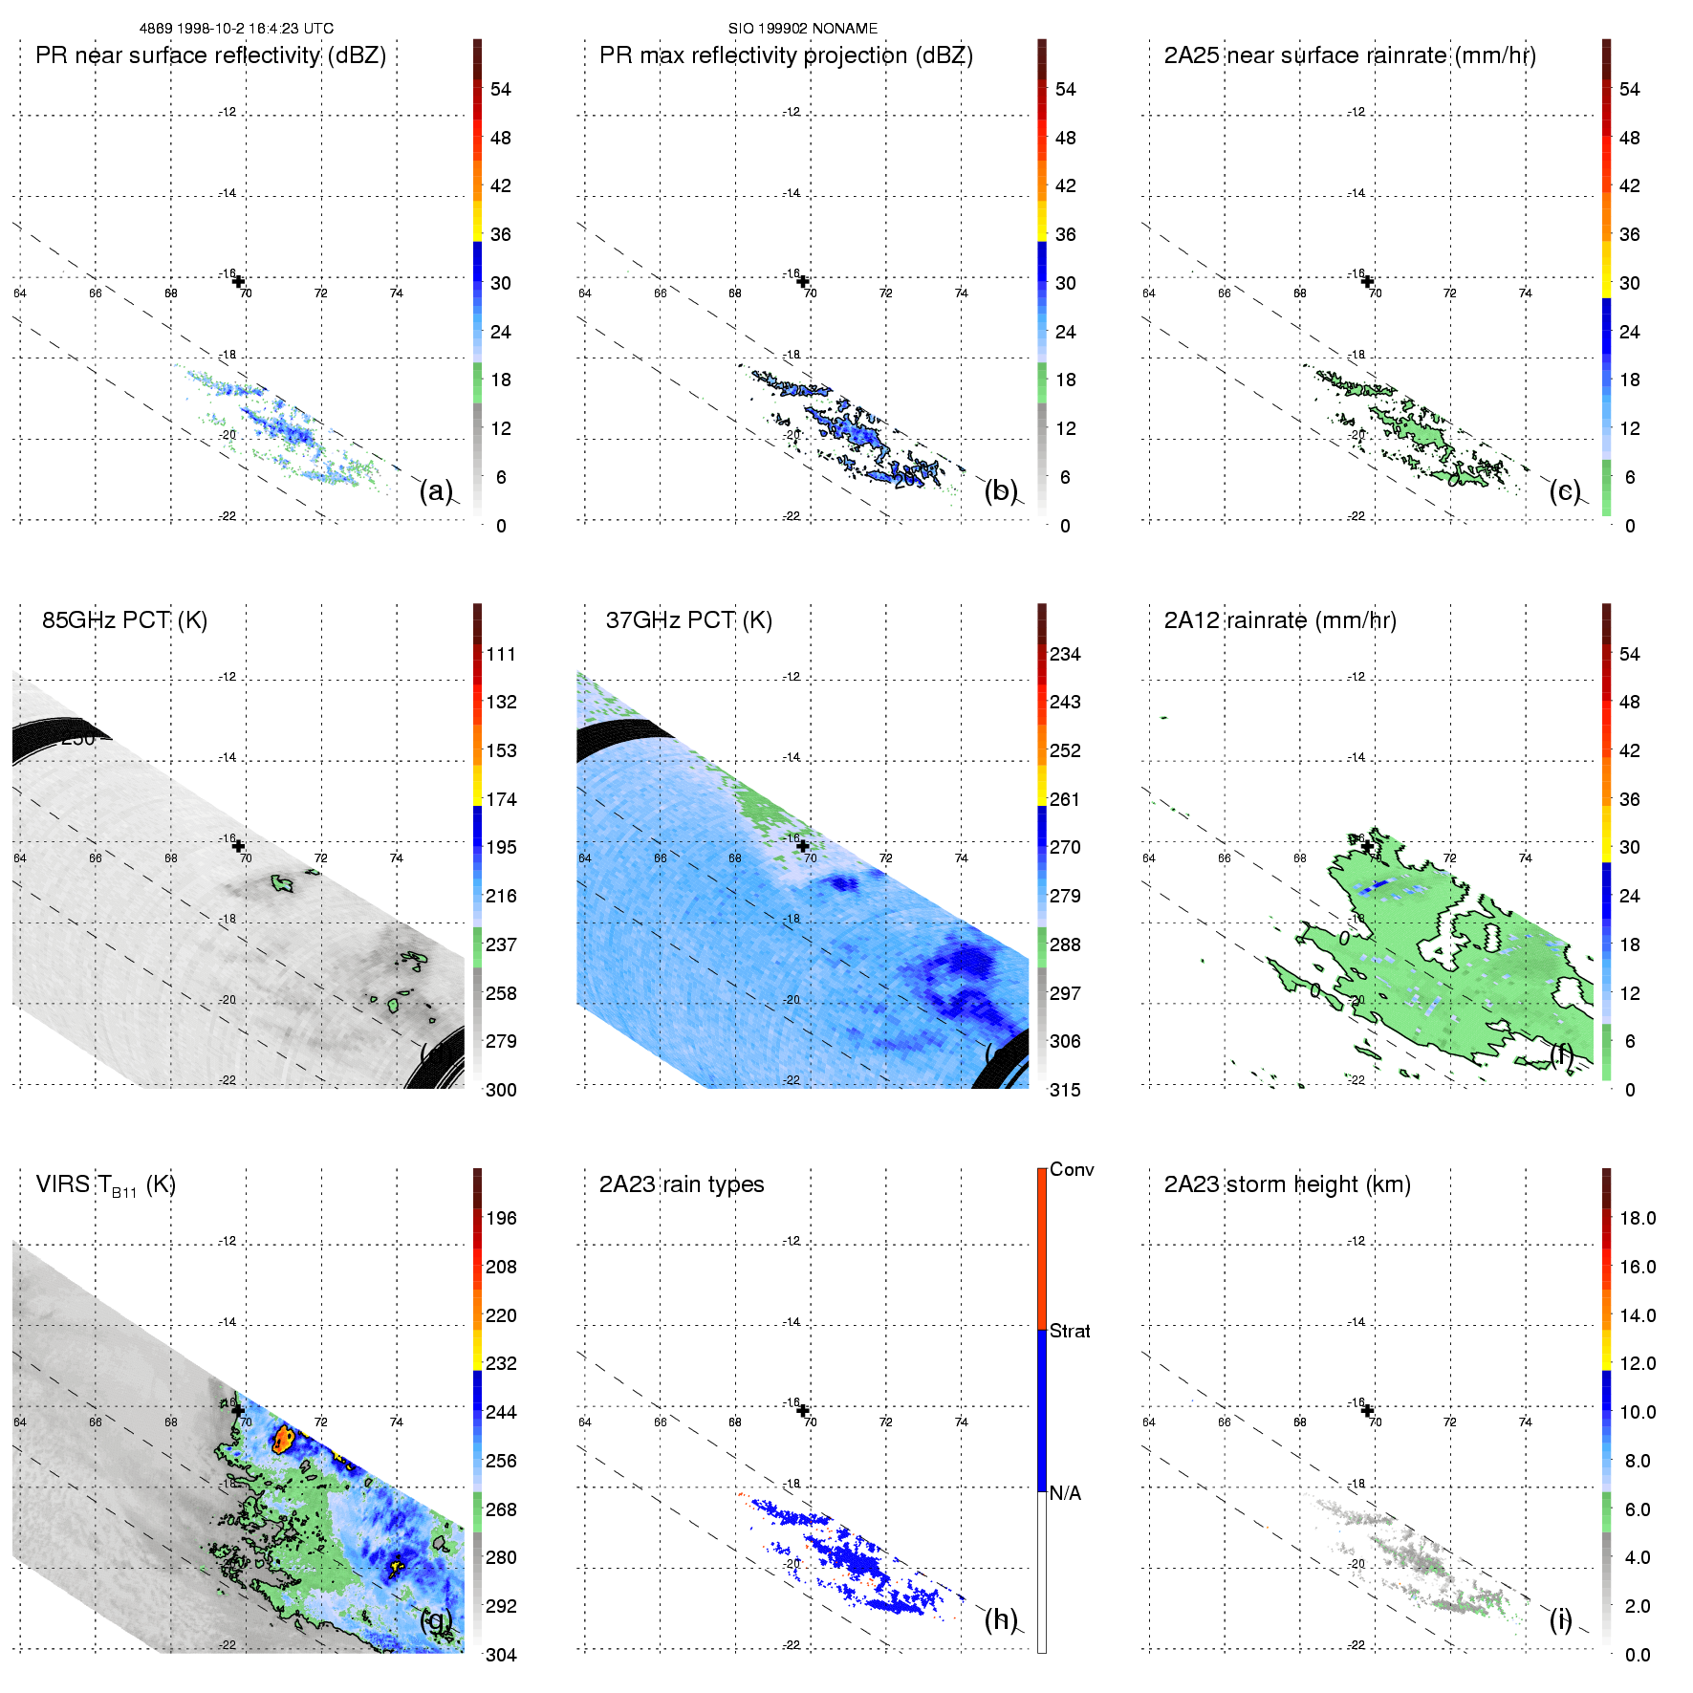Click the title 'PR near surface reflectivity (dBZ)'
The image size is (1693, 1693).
[x=210, y=55]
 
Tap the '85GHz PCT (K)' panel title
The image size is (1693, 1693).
[x=124, y=620]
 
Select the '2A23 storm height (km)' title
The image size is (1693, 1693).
[x=1287, y=1184]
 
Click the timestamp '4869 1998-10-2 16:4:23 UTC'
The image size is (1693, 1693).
[x=236, y=29]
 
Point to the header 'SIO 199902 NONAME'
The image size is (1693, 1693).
[x=802, y=29]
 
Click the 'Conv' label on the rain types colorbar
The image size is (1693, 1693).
[x=1072, y=1169]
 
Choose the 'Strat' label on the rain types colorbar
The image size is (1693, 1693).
[x=1070, y=1331]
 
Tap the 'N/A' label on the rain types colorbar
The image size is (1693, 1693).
[x=1065, y=1493]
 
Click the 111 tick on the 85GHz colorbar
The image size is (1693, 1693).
[x=501, y=654]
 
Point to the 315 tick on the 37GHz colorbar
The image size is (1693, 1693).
[x=1065, y=1090]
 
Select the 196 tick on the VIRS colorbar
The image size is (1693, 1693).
[x=501, y=1218]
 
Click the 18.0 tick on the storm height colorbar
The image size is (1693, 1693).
[x=1637, y=1218]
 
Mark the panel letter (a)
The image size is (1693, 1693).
[x=436, y=491]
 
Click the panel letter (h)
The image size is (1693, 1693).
[x=1001, y=1619]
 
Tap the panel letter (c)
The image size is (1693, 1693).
[x=1565, y=491]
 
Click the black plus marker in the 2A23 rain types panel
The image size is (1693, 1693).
[x=803, y=1410]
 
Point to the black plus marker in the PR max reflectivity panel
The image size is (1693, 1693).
[x=803, y=281]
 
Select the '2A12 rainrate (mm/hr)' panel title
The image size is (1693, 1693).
[x=1280, y=620]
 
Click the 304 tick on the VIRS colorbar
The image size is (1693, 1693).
[x=501, y=1655]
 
